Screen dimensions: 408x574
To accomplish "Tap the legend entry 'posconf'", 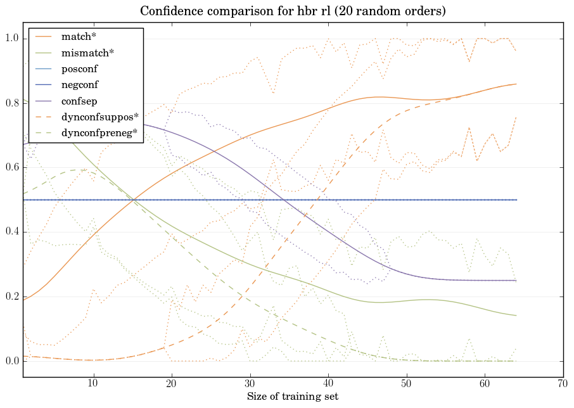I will [x=79, y=68].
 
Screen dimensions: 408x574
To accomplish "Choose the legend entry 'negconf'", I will [x=80, y=84].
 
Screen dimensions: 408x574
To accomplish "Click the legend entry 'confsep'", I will [x=79, y=100].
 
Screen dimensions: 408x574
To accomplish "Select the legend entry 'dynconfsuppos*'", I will [x=99, y=117].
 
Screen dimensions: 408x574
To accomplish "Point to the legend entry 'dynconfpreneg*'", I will [x=99, y=132].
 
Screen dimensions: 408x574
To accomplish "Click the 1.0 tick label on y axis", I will [x=12, y=39].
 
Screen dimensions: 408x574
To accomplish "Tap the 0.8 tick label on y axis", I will [x=12, y=103].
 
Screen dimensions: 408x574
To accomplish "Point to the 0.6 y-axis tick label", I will [x=12, y=168].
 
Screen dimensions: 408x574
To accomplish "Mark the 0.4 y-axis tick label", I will [x=12, y=233].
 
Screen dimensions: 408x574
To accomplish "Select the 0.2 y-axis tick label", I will [x=12, y=297].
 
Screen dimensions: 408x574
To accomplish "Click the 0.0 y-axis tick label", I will [x=12, y=361].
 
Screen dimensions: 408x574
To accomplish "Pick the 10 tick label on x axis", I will [x=93, y=384].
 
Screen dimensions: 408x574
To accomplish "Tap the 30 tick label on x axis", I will [x=250, y=384].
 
